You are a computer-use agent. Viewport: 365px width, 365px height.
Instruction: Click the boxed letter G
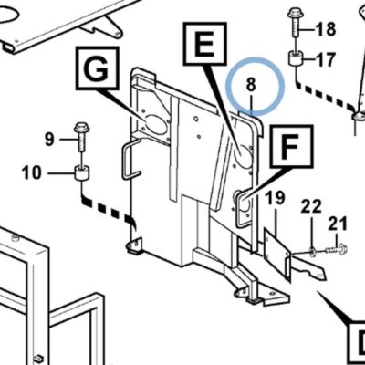pyautogui.click(x=97, y=68)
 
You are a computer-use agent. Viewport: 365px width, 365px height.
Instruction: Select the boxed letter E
pyautogui.click(x=204, y=44)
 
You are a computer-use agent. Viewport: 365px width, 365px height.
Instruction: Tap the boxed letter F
pyautogui.click(x=291, y=147)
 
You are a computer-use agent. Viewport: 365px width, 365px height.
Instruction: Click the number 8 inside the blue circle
pyautogui.click(x=251, y=84)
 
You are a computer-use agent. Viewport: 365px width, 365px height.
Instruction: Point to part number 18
pyautogui.click(x=326, y=29)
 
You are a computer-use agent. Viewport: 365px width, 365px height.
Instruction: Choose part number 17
pyautogui.click(x=326, y=59)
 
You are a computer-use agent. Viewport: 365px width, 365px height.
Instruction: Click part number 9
pyautogui.click(x=49, y=140)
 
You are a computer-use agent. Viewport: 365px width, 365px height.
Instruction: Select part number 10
pyautogui.click(x=31, y=172)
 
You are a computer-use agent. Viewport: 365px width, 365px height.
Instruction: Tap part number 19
pyautogui.click(x=276, y=198)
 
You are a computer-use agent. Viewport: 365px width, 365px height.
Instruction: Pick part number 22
pyautogui.click(x=311, y=206)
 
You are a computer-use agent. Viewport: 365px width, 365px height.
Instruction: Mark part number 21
pyautogui.click(x=338, y=224)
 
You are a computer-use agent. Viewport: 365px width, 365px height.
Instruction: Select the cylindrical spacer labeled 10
pyautogui.click(x=81, y=172)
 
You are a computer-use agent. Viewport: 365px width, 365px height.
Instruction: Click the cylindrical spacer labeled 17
pyautogui.click(x=296, y=58)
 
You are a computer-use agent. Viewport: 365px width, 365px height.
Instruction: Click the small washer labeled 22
pyautogui.click(x=312, y=251)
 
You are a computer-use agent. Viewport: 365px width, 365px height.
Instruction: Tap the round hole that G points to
pyautogui.click(x=155, y=126)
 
